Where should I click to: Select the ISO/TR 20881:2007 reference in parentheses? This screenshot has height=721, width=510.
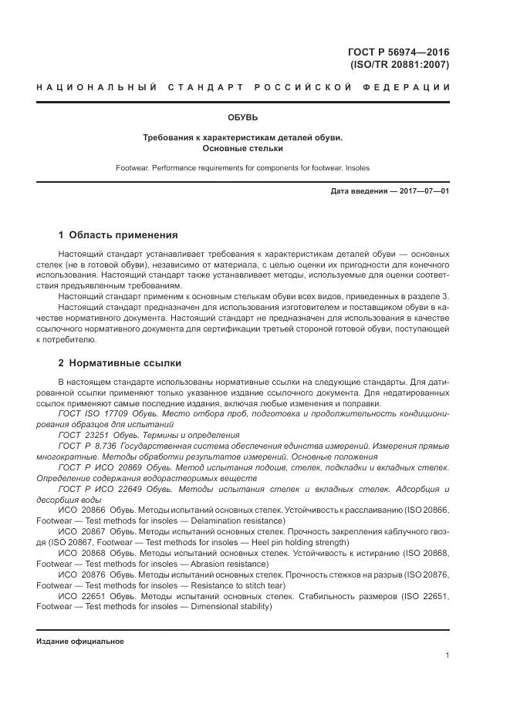pos(400,65)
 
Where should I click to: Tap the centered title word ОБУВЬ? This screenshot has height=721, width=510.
pos(242,118)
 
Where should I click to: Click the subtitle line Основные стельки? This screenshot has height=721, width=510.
pos(242,148)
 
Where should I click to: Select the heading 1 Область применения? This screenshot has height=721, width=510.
pos(118,235)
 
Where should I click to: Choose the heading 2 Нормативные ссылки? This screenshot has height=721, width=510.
pos(120,363)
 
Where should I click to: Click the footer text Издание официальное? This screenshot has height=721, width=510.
pos(79,642)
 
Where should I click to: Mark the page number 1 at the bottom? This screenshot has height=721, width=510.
pos(447,655)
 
